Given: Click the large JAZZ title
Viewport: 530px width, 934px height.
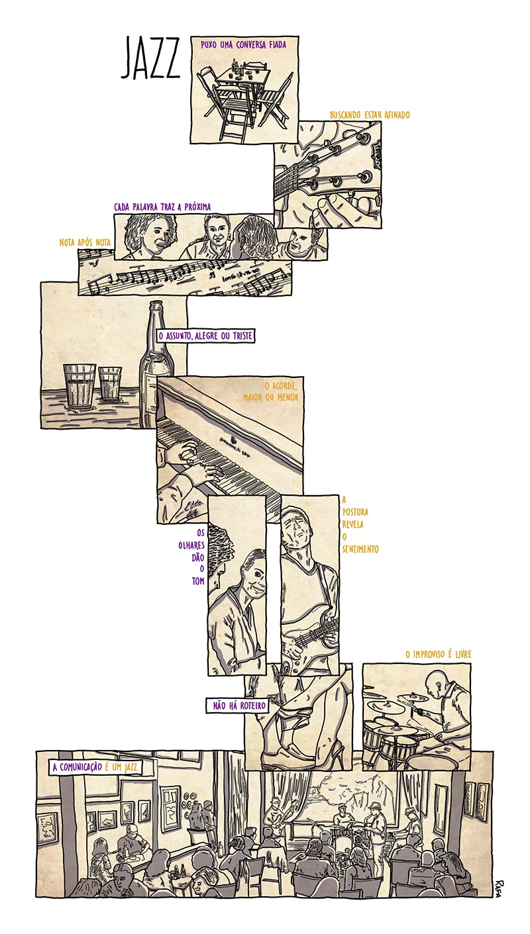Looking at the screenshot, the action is [x=150, y=58].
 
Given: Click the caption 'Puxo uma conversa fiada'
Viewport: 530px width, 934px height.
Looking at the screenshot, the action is [x=243, y=44].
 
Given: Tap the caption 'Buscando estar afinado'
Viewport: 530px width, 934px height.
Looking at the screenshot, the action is [x=370, y=115].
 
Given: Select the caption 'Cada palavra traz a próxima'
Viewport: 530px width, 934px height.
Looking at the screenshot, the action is [x=162, y=207].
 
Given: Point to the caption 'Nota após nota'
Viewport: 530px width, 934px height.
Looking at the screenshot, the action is [x=85, y=242].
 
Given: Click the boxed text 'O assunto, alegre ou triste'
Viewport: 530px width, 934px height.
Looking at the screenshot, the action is [x=205, y=336].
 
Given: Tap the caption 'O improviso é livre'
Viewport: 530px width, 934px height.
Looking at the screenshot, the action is [x=439, y=654].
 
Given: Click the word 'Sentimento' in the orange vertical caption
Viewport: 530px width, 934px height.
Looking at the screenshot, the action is [x=360, y=549].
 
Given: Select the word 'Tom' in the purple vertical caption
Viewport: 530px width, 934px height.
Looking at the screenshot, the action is [x=198, y=581].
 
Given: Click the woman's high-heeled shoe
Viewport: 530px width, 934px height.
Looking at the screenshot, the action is [x=331, y=753].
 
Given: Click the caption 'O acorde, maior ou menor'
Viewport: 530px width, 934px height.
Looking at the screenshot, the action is [x=271, y=391].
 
